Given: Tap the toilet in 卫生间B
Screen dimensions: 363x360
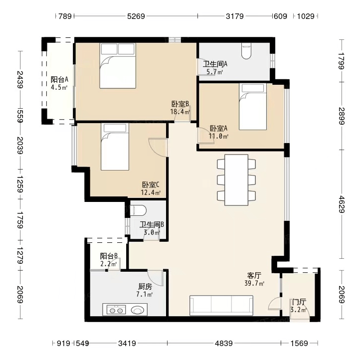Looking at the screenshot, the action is (x=138, y=210).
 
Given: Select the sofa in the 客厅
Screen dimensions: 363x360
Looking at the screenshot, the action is (x=221, y=305).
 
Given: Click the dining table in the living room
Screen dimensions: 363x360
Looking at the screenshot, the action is (x=236, y=180).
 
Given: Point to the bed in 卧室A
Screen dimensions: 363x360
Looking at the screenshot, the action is (x=253, y=107).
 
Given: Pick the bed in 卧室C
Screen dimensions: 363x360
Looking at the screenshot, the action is (x=115, y=147).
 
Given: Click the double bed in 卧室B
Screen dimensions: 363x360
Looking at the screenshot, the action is (x=118, y=65).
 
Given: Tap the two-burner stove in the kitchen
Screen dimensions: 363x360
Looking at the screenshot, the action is (x=116, y=310).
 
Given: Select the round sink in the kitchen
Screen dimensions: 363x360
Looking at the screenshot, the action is (x=138, y=310).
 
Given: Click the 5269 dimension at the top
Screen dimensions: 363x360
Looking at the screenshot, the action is (x=136, y=16).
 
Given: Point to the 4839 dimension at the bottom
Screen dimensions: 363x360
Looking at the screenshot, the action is (x=223, y=343).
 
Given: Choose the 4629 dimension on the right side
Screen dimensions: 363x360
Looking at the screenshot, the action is (x=342, y=204).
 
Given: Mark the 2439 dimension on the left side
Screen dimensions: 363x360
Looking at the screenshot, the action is (x=20, y=80).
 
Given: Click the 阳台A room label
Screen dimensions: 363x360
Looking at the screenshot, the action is (x=59, y=80).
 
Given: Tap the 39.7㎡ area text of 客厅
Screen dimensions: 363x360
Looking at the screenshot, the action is (x=254, y=283).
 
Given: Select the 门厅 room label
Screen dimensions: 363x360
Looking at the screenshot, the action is (x=299, y=302).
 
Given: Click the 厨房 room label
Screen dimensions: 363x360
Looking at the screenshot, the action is (x=145, y=287).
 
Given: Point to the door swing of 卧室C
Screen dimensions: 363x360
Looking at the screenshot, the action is (x=158, y=148).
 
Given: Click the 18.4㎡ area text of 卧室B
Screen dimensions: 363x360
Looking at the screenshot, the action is (x=180, y=112).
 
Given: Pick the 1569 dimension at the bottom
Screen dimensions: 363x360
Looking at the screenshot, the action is (x=299, y=343).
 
